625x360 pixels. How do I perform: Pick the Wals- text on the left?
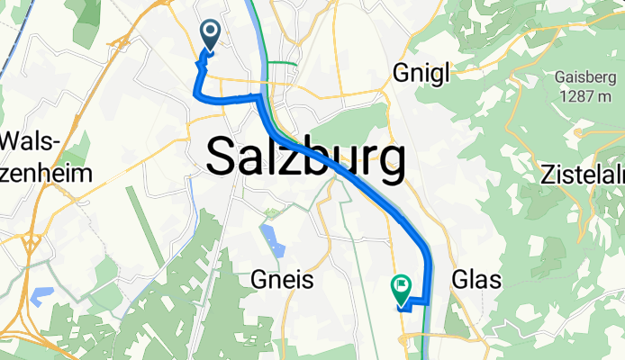tap(32, 141)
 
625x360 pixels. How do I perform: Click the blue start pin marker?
tap(210, 36)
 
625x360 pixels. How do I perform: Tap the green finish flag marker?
tap(401, 288)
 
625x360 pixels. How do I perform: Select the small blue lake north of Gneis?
tap(269, 238)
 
